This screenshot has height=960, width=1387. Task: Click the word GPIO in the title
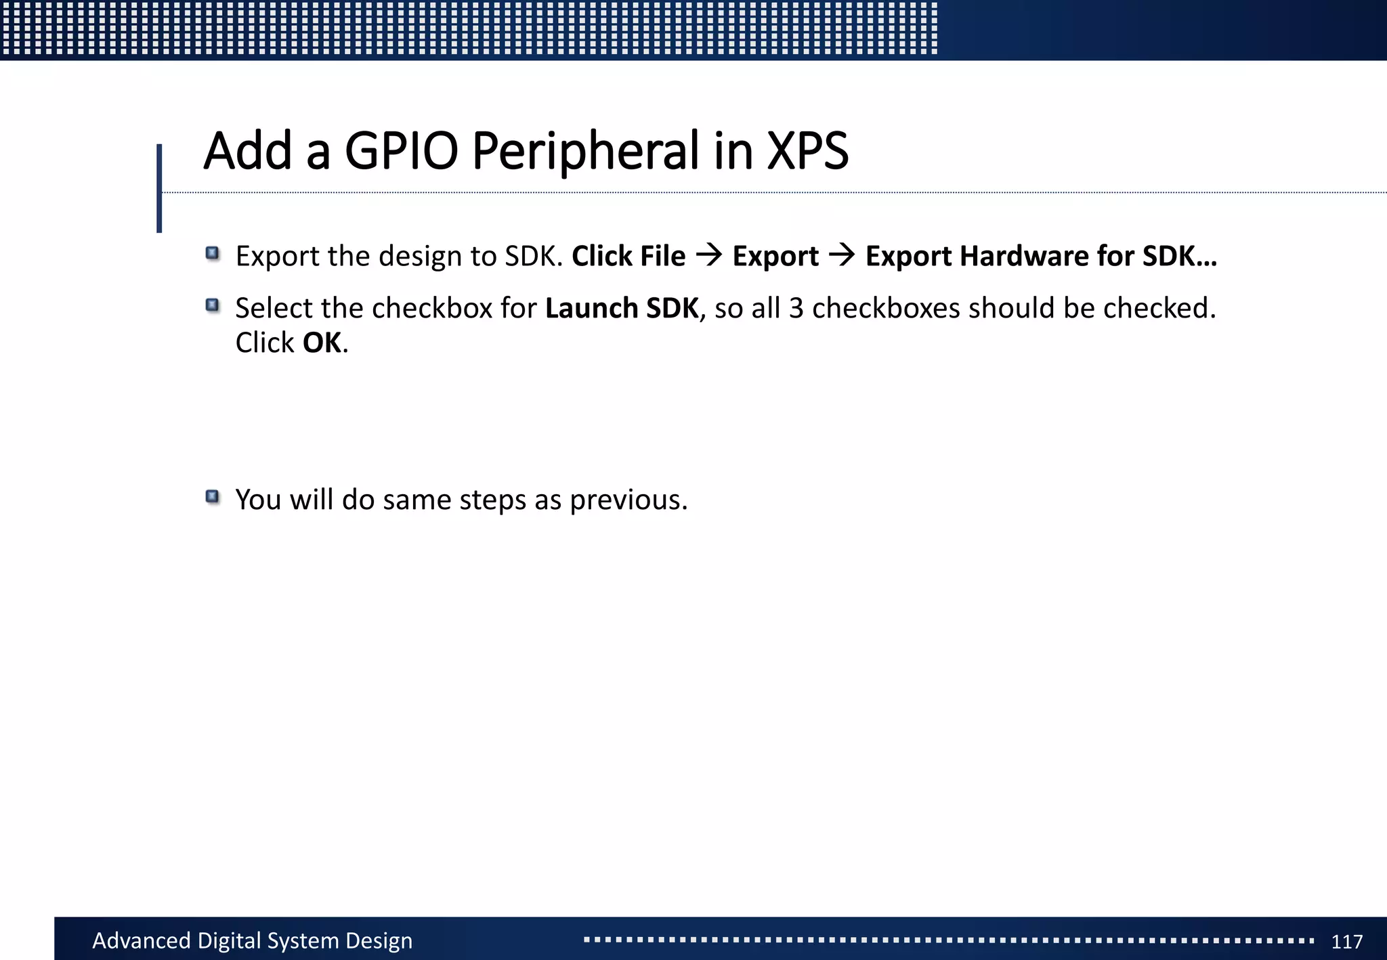[x=401, y=150]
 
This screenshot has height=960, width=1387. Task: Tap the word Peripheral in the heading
[x=585, y=150]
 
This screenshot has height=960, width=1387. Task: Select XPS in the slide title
[x=807, y=150]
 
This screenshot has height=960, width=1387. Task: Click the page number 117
[x=1346, y=941]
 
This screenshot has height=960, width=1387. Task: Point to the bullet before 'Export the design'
[x=213, y=254]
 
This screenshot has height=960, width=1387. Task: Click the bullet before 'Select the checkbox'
[x=213, y=306]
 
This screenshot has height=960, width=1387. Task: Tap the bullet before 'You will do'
[x=213, y=498]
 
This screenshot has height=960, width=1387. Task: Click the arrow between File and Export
[x=709, y=256]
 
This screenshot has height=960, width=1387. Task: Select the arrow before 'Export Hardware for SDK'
[x=842, y=256]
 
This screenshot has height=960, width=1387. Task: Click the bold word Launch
[x=591, y=308]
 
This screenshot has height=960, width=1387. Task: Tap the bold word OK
[x=322, y=343]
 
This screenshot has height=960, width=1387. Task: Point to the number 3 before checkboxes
[x=796, y=308]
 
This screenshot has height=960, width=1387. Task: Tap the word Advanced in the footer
[x=141, y=941]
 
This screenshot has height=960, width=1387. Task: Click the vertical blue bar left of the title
[x=159, y=188]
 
